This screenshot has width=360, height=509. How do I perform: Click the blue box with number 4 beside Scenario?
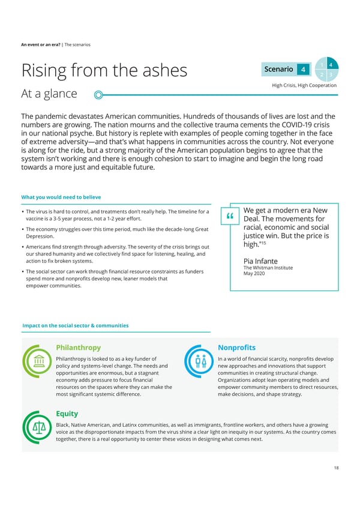pos(304,70)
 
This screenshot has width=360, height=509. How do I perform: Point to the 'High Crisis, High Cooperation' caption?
pos(304,85)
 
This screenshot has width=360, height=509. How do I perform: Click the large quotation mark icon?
pos(229,217)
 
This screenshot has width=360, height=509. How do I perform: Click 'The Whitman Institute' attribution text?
pos(268,268)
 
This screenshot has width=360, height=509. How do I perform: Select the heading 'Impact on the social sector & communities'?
pos(75,325)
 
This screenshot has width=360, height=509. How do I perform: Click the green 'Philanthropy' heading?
pos(78,348)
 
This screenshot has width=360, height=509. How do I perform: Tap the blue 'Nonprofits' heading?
pos(236,348)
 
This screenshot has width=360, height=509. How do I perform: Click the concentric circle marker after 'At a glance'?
pos(98,94)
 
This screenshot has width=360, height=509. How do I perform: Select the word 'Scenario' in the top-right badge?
pos(278,70)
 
